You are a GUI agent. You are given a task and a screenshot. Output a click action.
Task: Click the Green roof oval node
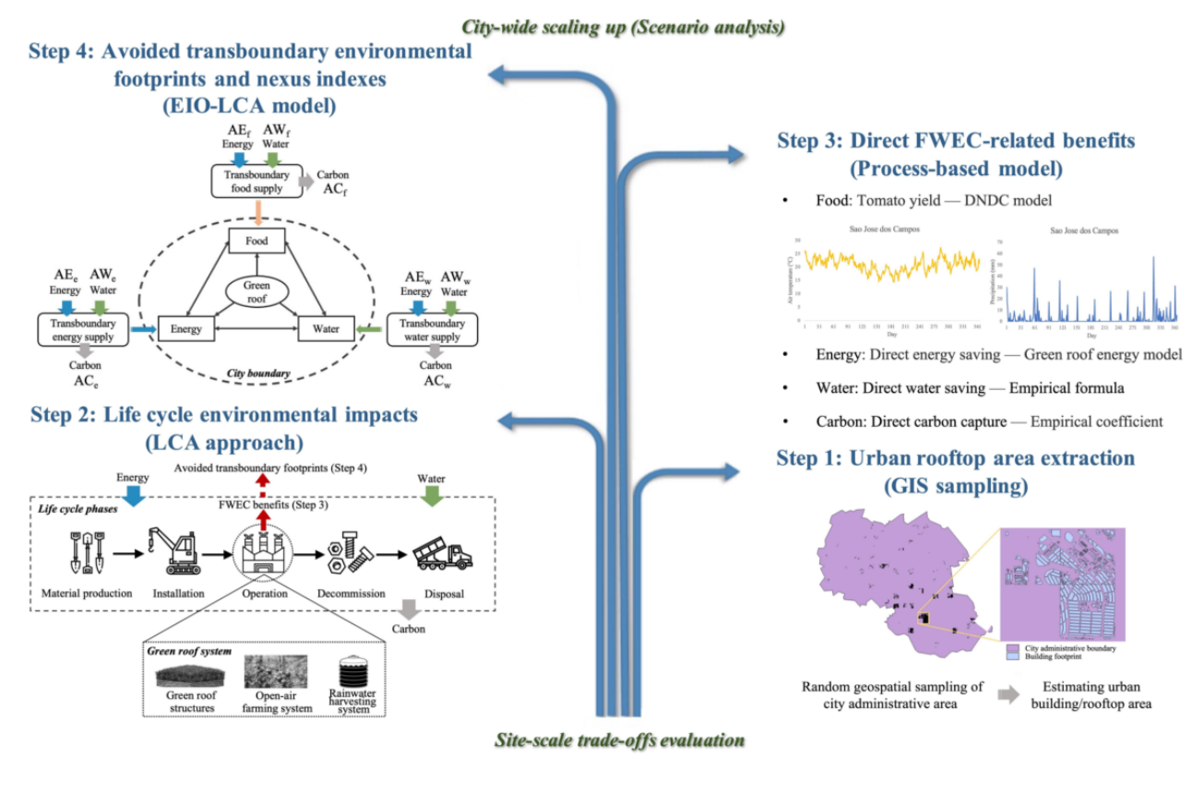click(x=256, y=292)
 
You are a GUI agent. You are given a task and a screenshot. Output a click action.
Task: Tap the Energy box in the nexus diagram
click(x=186, y=329)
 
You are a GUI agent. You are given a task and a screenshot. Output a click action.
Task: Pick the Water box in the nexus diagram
click(x=325, y=329)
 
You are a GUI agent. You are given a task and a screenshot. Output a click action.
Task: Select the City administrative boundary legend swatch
click(x=1012, y=648)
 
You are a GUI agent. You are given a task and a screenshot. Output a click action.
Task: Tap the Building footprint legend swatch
click(x=1012, y=657)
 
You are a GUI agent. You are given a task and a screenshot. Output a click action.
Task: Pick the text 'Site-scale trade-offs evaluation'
click(x=619, y=740)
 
